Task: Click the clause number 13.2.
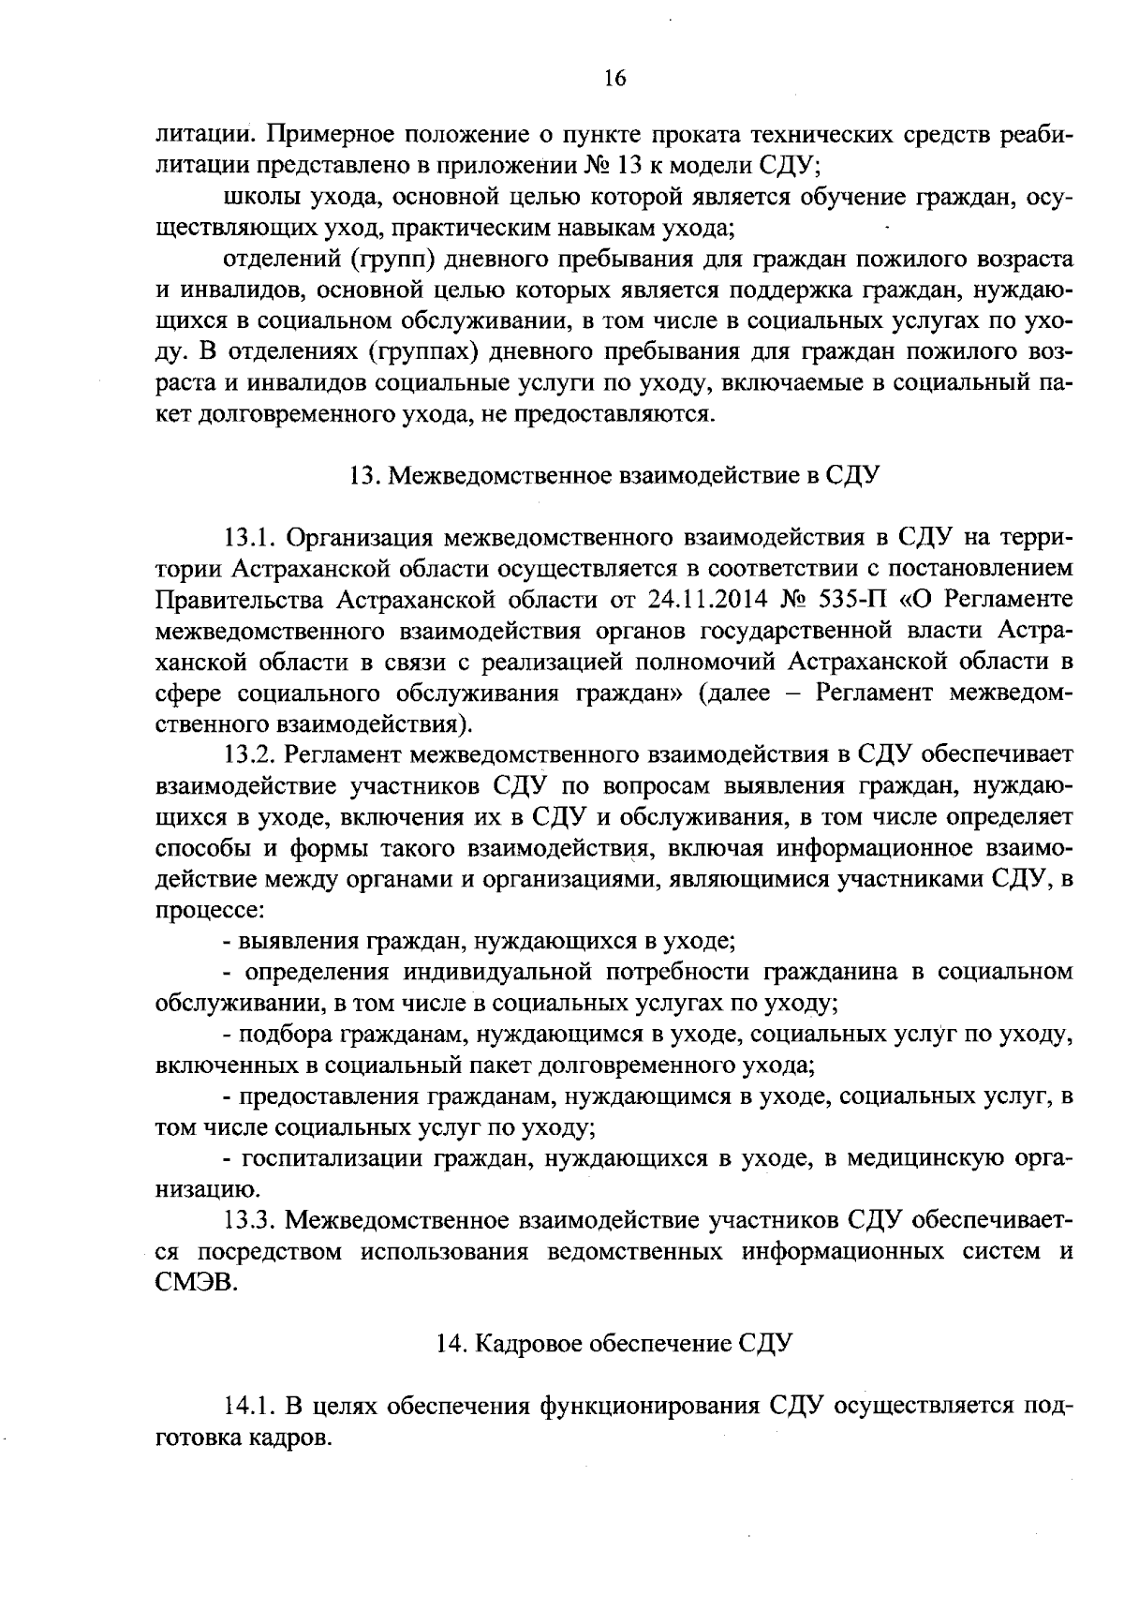247,754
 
